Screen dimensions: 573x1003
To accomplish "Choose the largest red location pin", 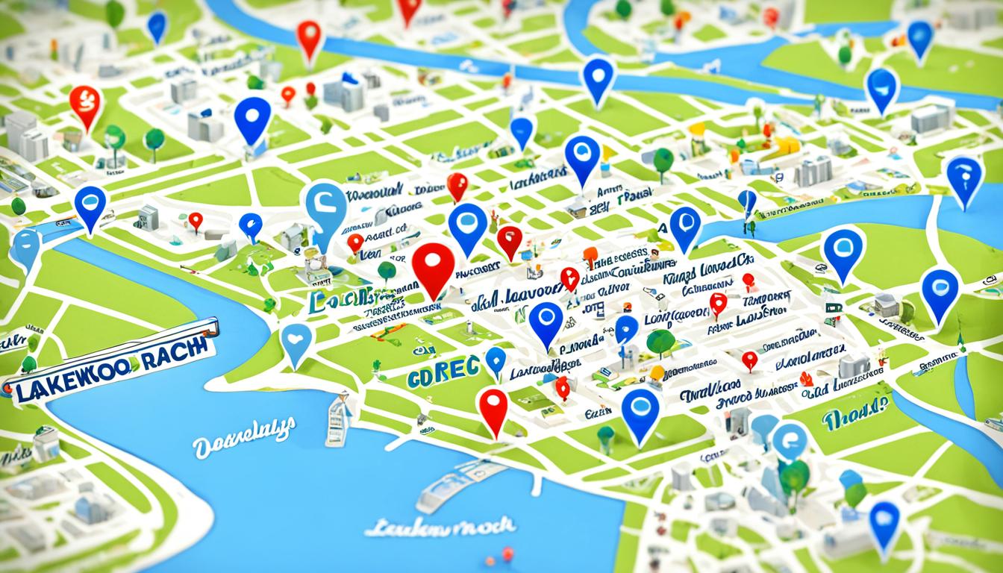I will [433, 269].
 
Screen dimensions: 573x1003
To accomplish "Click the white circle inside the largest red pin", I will [433, 262].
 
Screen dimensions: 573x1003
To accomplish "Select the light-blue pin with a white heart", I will [296, 344].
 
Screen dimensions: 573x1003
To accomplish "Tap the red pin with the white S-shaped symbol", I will [85, 104].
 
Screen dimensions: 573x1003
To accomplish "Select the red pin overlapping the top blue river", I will [308, 39].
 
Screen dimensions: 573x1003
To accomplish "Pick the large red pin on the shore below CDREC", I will [493, 410].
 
